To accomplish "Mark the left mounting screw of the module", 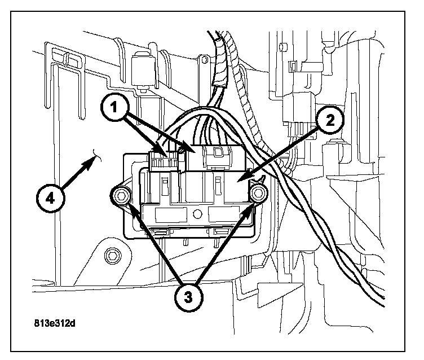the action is tap(121, 196).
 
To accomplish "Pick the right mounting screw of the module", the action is tap(259, 194).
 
